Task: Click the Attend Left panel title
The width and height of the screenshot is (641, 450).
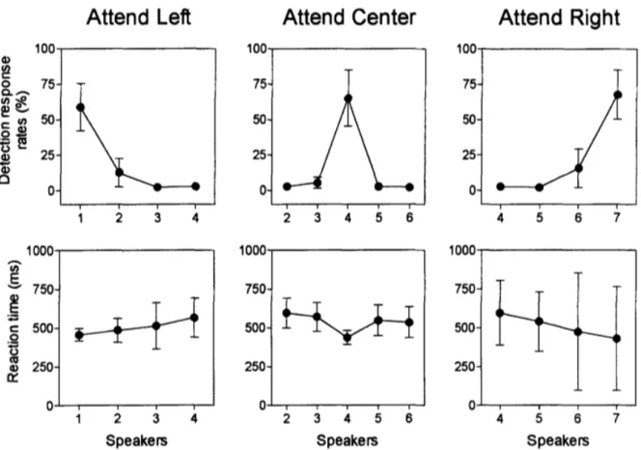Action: coord(139,18)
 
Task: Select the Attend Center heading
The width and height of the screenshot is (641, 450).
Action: coord(349,18)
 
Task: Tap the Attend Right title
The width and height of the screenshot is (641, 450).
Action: coord(559,18)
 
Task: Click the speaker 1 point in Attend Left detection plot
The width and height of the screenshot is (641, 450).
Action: coord(80,107)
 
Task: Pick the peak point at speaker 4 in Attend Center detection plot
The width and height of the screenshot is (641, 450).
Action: coord(348,98)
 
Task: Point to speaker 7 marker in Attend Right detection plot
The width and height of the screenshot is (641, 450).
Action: coord(618,95)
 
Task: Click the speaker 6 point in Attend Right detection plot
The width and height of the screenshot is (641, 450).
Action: coord(578,168)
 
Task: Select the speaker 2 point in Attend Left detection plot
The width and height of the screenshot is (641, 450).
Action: coord(120,172)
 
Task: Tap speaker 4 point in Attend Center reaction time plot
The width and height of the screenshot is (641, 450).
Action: coord(348,338)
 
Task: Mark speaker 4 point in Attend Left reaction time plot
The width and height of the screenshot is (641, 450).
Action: coord(195,318)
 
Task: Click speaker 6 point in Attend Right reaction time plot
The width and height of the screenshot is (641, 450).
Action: coord(577,332)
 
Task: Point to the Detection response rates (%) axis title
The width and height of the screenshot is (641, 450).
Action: coord(14,120)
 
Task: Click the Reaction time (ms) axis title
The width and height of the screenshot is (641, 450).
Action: coord(14,322)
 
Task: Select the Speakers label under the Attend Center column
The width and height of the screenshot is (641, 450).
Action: coord(348,440)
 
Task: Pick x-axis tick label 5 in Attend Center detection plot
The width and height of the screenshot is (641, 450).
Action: coord(379,218)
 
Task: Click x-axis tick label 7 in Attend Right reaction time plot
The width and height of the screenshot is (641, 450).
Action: coord(617,418)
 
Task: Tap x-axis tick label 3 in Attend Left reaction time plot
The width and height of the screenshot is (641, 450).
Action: coord(155,418)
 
